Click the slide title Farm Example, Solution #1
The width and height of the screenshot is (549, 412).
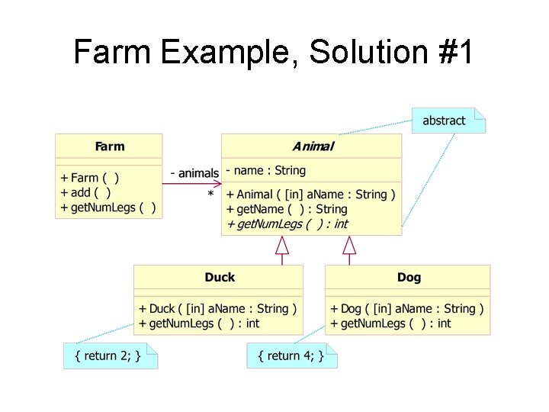click(x=274, y=53)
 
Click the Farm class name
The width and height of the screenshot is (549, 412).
click(x=109, y=146)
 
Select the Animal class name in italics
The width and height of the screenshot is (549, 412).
click(x=313, y=146)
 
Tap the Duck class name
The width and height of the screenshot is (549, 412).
click(x=220, y=277)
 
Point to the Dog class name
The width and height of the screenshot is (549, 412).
click(x=409, y=277)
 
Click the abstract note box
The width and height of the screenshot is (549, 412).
click(x=445, y=121)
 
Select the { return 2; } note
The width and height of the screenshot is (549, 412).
click(x=108, y=356)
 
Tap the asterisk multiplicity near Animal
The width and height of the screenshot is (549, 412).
click(x=210, y=195)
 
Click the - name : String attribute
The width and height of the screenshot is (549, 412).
click(x=266, y=171)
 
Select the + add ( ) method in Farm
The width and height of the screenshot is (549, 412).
click(x=86, y=192)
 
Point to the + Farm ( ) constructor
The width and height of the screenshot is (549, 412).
click(x=90, y=178)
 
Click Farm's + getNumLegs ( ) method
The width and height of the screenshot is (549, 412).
click(x=108, y=208)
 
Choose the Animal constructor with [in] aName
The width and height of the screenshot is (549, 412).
click(x=311, y=195)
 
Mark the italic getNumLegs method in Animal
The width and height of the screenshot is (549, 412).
click(x=287, y=224)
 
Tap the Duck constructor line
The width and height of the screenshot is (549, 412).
click(x=218, y=309)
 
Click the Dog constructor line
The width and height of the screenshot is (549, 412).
click(x=407, y=309)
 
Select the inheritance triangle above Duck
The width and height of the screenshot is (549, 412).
click(x=282, y=246)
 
